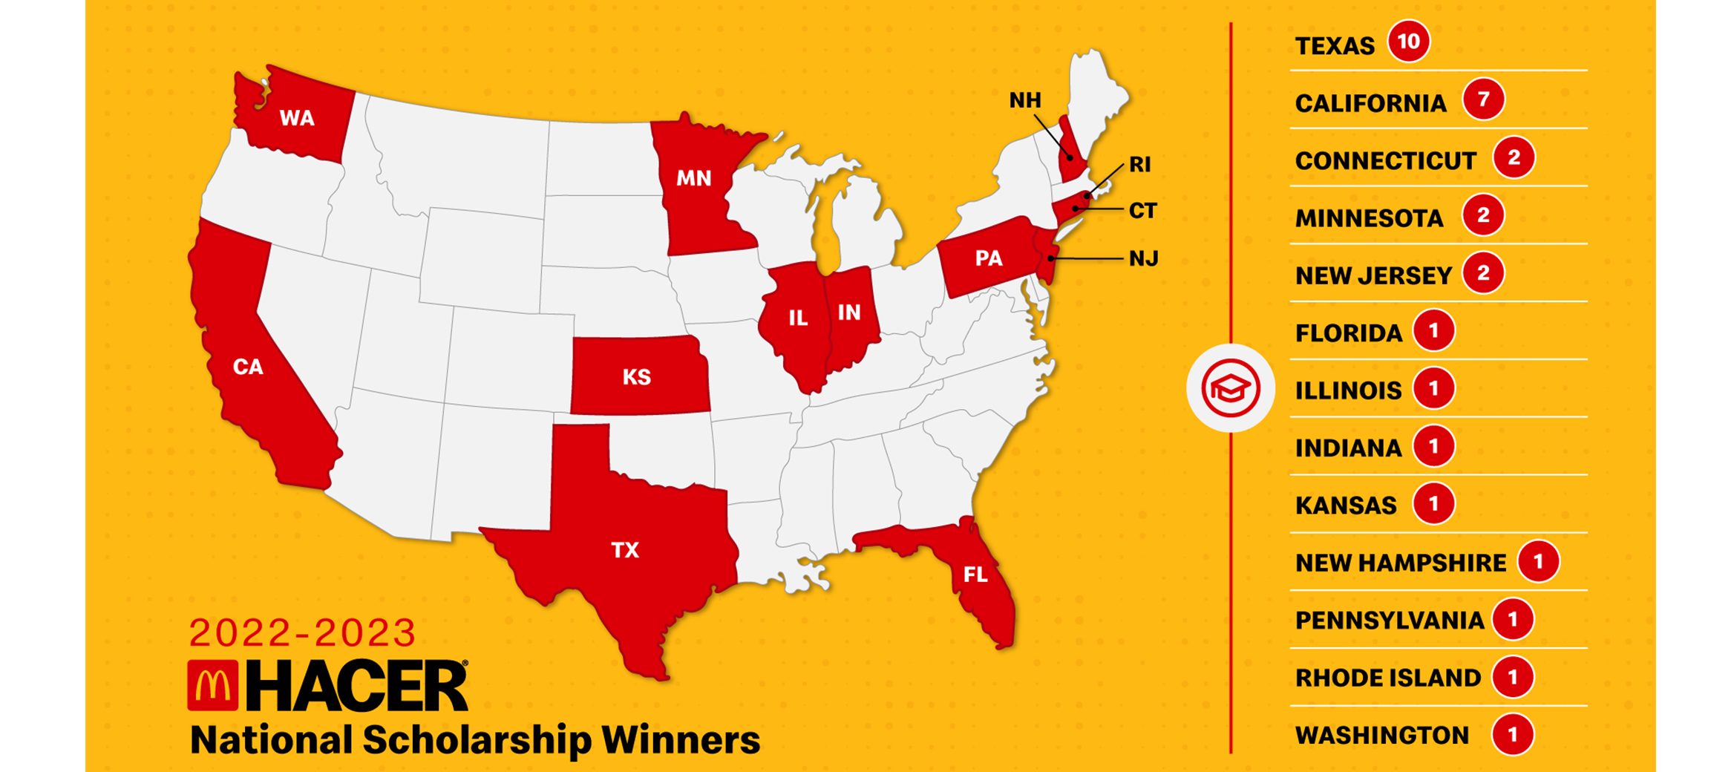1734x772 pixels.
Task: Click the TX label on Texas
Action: click(x=624, y=550)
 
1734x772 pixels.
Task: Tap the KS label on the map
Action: click(x=636, y=377)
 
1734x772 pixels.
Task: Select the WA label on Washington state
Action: click(x=297, y=118)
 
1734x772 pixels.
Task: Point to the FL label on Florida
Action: click(x=975, y=574)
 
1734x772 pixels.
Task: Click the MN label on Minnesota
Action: click(x=693, y=178)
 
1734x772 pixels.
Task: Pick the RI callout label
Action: click(x=1139, y=165)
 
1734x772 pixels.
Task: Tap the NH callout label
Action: click(x=1025, y=100)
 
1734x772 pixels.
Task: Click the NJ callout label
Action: click(x=1143, y=259)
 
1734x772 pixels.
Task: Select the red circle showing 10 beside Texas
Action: click(x=1408, y=42)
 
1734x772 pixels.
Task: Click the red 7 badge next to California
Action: click(x=1483, y=99)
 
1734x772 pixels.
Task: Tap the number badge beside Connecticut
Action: click(x=1514, y=157)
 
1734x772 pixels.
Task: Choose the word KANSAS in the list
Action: click(x=1345, y=506)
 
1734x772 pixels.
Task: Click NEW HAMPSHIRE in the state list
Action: click(x=1400, y=563)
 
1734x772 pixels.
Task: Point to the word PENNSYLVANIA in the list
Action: click(x=1389, y=621)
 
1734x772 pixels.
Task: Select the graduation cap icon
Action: click(x=1230, y=388)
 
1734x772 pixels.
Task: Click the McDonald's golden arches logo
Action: click(x=213, y=685)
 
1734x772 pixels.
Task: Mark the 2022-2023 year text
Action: click(x=302, y=633)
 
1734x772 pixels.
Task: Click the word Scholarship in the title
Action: click(x=477, y=740)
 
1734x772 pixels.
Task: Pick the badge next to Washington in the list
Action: click(x=1512, y=735)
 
